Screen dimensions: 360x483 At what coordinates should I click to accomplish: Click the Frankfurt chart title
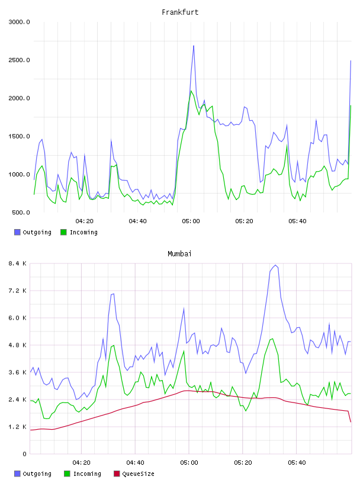tap(180, 12)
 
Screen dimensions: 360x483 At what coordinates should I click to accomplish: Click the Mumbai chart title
tap(179, 254)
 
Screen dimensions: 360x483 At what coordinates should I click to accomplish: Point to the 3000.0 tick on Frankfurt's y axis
tap(19, 22)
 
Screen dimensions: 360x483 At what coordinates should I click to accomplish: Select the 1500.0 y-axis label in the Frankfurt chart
tap(19, 136)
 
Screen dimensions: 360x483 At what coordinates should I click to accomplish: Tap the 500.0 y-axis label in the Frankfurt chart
tap(21, 212)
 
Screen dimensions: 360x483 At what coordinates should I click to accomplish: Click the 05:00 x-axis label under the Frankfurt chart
tap(191, 221)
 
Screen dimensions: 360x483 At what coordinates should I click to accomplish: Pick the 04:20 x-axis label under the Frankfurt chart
tap(85, 221)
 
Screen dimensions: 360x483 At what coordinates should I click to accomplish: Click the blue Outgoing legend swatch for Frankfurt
tap(17, 232)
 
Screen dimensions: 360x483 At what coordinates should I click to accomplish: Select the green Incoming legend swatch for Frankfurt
tap(63, 232)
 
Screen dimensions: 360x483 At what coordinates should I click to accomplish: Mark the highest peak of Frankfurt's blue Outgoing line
tap(194, 46)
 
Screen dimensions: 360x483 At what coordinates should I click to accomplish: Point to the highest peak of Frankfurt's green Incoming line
tap(191, 91)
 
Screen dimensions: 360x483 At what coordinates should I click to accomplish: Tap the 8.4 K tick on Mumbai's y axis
tap(18, 263)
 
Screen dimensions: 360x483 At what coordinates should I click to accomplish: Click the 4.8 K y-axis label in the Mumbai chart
tap(18, 345)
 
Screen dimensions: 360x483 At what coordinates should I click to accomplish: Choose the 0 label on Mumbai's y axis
tap(24, 454)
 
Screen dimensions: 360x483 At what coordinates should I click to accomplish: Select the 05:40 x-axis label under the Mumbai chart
tap(297, 463)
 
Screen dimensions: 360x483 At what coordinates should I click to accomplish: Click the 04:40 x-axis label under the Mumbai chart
tap(136, 463)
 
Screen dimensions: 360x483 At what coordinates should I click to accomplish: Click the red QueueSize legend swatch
tap(117, 474)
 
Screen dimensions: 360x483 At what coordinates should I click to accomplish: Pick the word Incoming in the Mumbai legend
tap(87, 474)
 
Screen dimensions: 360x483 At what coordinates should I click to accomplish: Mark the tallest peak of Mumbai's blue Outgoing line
tap(275, 265)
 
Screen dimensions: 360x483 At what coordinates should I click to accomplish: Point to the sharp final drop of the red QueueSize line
tap(349, 417)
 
